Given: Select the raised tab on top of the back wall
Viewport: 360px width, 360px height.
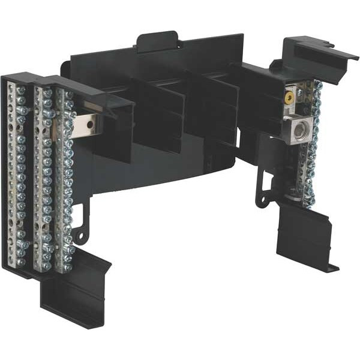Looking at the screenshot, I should [157, 42].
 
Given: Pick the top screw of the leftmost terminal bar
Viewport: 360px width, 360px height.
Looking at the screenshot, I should [22, 91].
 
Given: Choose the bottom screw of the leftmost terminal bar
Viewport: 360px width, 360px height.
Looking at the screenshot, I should [21, 262].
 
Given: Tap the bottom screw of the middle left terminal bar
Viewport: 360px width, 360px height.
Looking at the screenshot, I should [46, 264].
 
